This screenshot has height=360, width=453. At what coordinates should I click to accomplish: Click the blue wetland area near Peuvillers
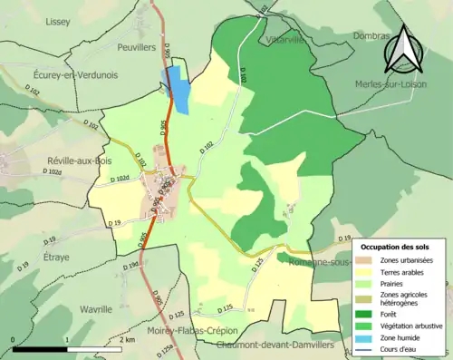tap(178, 89)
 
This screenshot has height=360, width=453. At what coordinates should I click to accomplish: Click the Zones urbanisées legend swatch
tap(363, 259)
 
